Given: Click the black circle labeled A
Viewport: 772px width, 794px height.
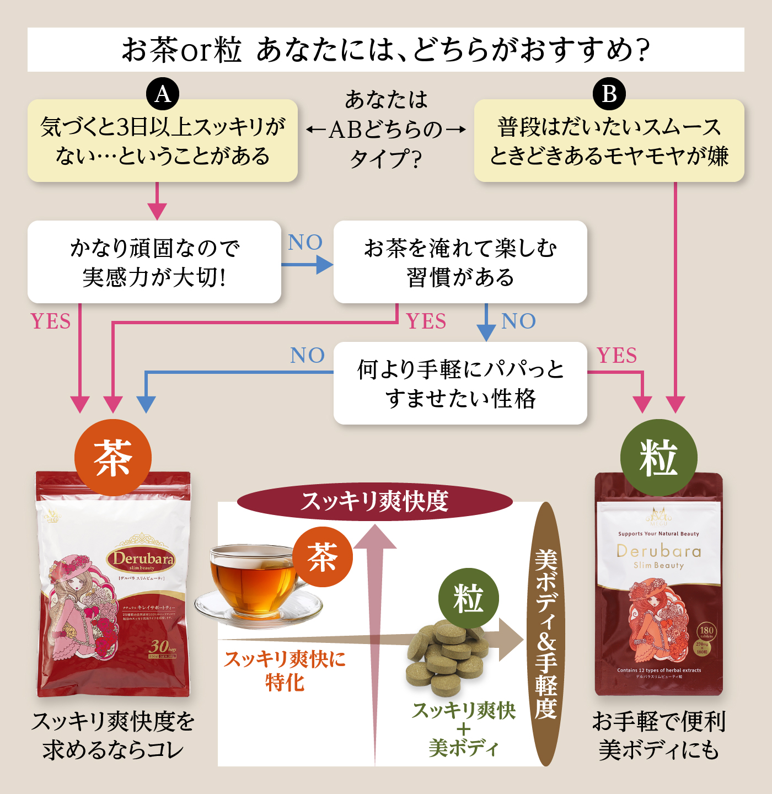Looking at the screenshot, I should click(x=163, y=94).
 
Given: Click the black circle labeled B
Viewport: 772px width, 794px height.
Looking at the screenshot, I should click(x=609, y=94).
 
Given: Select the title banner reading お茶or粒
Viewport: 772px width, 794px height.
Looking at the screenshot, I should click(x=386, y=50).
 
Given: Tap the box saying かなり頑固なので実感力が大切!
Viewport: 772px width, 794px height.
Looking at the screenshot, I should click(x=154, y=262).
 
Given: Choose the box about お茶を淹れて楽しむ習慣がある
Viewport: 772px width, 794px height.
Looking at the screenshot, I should click(x=460, y=262).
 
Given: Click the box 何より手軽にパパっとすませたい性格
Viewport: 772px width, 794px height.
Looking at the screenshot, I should click(x=460, y=383).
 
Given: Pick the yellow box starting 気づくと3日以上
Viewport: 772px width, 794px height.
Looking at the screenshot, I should click(x=163, y=141).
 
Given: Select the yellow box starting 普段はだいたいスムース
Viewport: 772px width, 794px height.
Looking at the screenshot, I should click(x=609, y=141).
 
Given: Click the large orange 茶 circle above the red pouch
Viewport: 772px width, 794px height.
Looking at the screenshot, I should click(x=113, y=458).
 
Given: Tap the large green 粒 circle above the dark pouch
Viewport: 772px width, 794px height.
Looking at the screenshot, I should click(x=658, y=458).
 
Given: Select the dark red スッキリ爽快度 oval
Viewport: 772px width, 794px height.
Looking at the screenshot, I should click(x=375, y=502).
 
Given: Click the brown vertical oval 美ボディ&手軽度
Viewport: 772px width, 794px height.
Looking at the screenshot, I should click(x=546, y=634).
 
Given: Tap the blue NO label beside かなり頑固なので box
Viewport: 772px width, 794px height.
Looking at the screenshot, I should click(x=305, y=243).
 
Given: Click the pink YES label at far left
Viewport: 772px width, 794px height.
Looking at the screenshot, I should click(x=51, y=321).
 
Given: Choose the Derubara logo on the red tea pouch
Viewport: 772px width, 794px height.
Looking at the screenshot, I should click(x=142, y=560).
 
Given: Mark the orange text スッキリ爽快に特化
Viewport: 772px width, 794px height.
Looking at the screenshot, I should click(x=285, y=670).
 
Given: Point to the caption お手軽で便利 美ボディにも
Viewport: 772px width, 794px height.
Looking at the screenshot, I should click(x=658, y=736).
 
